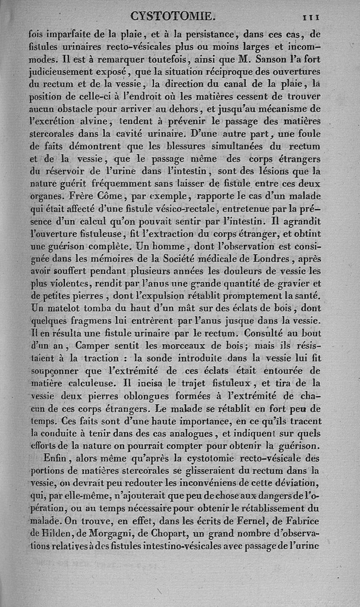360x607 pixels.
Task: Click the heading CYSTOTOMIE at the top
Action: coord(173,17)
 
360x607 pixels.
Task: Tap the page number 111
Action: coord(310,17)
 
